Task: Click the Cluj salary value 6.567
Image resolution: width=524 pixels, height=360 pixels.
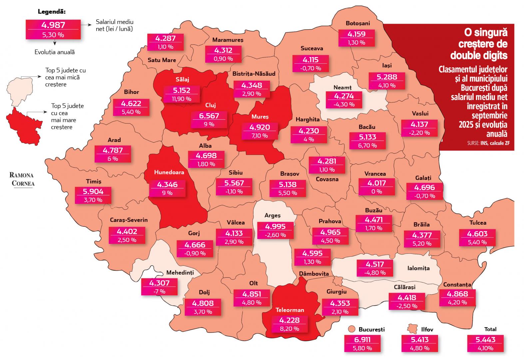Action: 209,116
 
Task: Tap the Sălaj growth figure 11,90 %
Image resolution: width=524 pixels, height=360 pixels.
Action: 182,99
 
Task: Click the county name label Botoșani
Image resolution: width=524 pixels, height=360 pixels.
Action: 358,23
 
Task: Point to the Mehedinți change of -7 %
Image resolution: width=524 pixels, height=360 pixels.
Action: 159,291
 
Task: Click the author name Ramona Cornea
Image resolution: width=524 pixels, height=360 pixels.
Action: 22,179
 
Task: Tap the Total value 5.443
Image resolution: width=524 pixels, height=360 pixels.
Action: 486,340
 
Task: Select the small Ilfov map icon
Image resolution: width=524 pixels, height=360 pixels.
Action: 413,329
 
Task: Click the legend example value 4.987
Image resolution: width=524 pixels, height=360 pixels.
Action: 53,25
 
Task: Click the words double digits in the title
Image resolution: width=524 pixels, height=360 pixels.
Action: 479,55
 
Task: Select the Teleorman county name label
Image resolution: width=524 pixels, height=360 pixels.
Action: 289,310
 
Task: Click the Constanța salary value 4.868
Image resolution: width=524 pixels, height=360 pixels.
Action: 457,294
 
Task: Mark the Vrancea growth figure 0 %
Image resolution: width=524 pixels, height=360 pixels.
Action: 376,191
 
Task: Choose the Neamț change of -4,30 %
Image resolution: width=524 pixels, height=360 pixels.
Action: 344,104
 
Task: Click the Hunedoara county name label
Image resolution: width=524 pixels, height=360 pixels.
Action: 169,172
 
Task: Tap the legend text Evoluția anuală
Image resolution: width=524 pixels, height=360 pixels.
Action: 55,52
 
